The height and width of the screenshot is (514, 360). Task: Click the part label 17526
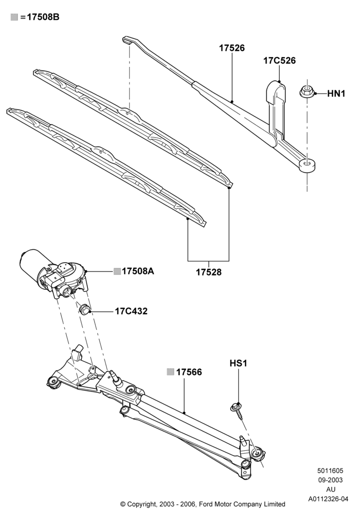click(232, 48)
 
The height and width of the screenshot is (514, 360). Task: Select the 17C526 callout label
click(279, 61)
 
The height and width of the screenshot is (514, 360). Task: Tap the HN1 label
click(336, 94)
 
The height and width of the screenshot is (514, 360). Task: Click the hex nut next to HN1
click(307, 91)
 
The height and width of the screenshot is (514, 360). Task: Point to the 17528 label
click(208, 272)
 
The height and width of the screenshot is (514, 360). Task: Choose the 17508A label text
click(138, 271)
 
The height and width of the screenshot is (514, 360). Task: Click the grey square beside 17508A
click(117, 271)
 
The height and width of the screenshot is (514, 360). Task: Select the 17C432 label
click(131, 311)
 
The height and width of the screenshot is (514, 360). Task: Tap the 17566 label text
click(189, 372)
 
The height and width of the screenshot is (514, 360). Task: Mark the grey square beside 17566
click(170, 372)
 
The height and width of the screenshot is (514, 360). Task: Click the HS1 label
click(238, 363)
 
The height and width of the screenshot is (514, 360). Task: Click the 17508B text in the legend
click(43, 17)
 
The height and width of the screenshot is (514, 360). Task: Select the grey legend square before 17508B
click(14, 17)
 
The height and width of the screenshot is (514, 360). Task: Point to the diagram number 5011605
click(330, 471)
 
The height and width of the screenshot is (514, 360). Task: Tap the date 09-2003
click(330, 480)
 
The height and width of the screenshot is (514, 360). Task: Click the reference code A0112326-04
click(328, 499)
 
